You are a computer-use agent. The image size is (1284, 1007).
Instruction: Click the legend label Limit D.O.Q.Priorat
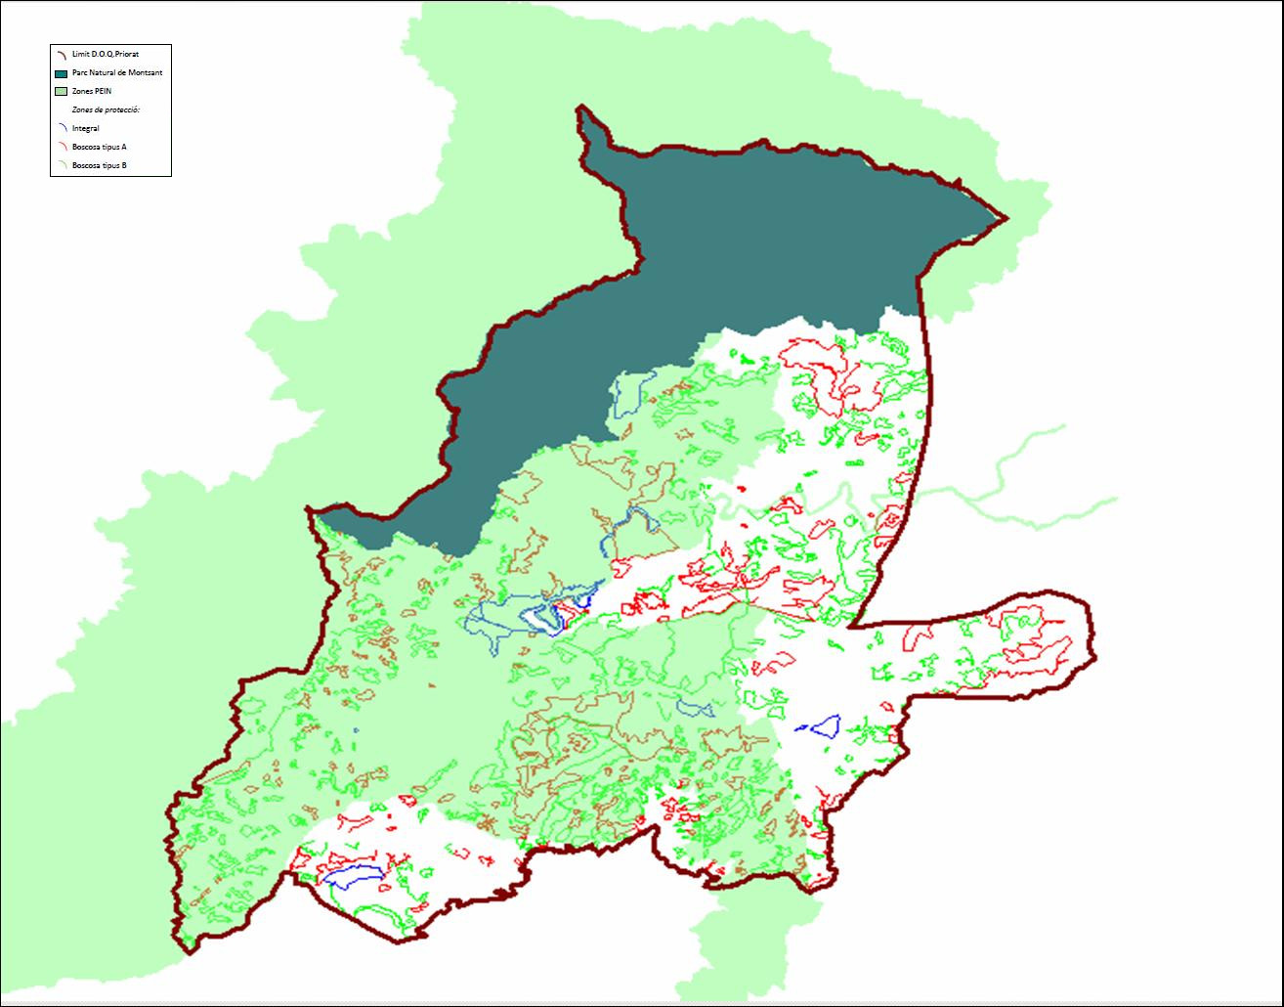coord(106,54)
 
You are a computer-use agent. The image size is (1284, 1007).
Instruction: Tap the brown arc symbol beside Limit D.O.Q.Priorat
coord(61,55)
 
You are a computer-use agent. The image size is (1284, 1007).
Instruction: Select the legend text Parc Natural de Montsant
coord(117,73)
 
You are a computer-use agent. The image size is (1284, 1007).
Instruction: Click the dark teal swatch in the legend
coord(61,73)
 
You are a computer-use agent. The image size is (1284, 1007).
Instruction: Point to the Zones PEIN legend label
coord(92,91)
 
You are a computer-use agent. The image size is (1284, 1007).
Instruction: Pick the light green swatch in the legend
coord(61,91)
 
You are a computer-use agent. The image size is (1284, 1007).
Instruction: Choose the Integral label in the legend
coord(86,128)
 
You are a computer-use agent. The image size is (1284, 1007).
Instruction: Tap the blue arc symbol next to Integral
coord(61,128)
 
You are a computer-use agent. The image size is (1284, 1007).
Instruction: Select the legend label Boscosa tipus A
coord(100,147)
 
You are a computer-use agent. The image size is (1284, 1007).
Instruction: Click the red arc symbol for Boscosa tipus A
coord(61,147)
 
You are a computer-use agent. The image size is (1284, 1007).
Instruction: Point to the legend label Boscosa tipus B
coord(100,165)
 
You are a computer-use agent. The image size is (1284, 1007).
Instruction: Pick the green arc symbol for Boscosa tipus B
coord(61,165)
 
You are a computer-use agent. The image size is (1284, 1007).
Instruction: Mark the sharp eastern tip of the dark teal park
coord(1006,217)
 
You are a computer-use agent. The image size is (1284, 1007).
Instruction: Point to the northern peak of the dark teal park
coord(581,109)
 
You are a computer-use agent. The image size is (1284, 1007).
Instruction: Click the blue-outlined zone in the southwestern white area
coord(352,876)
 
